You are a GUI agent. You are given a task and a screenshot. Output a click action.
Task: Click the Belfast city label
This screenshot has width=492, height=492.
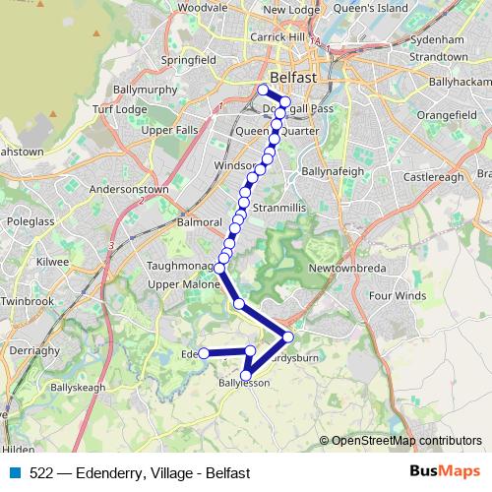click(x=292, y=77)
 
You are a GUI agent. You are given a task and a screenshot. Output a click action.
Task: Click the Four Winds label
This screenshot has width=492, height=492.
click(x=398, y=295)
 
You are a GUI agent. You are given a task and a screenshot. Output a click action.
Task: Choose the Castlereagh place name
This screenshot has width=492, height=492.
click(x=432, y=177)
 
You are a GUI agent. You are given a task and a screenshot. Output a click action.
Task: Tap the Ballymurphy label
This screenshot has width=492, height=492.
click(x=146, y=90)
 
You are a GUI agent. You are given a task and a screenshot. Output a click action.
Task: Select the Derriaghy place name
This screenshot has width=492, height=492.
click(x=31, y=350)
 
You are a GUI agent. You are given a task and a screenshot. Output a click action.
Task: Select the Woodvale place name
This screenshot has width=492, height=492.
click(x=203, y=7)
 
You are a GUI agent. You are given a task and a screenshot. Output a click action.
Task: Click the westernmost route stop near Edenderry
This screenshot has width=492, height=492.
click(x=204, y=353)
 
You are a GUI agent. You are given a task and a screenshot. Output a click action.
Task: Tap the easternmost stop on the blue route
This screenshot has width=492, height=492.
click(x=288, y=337)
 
